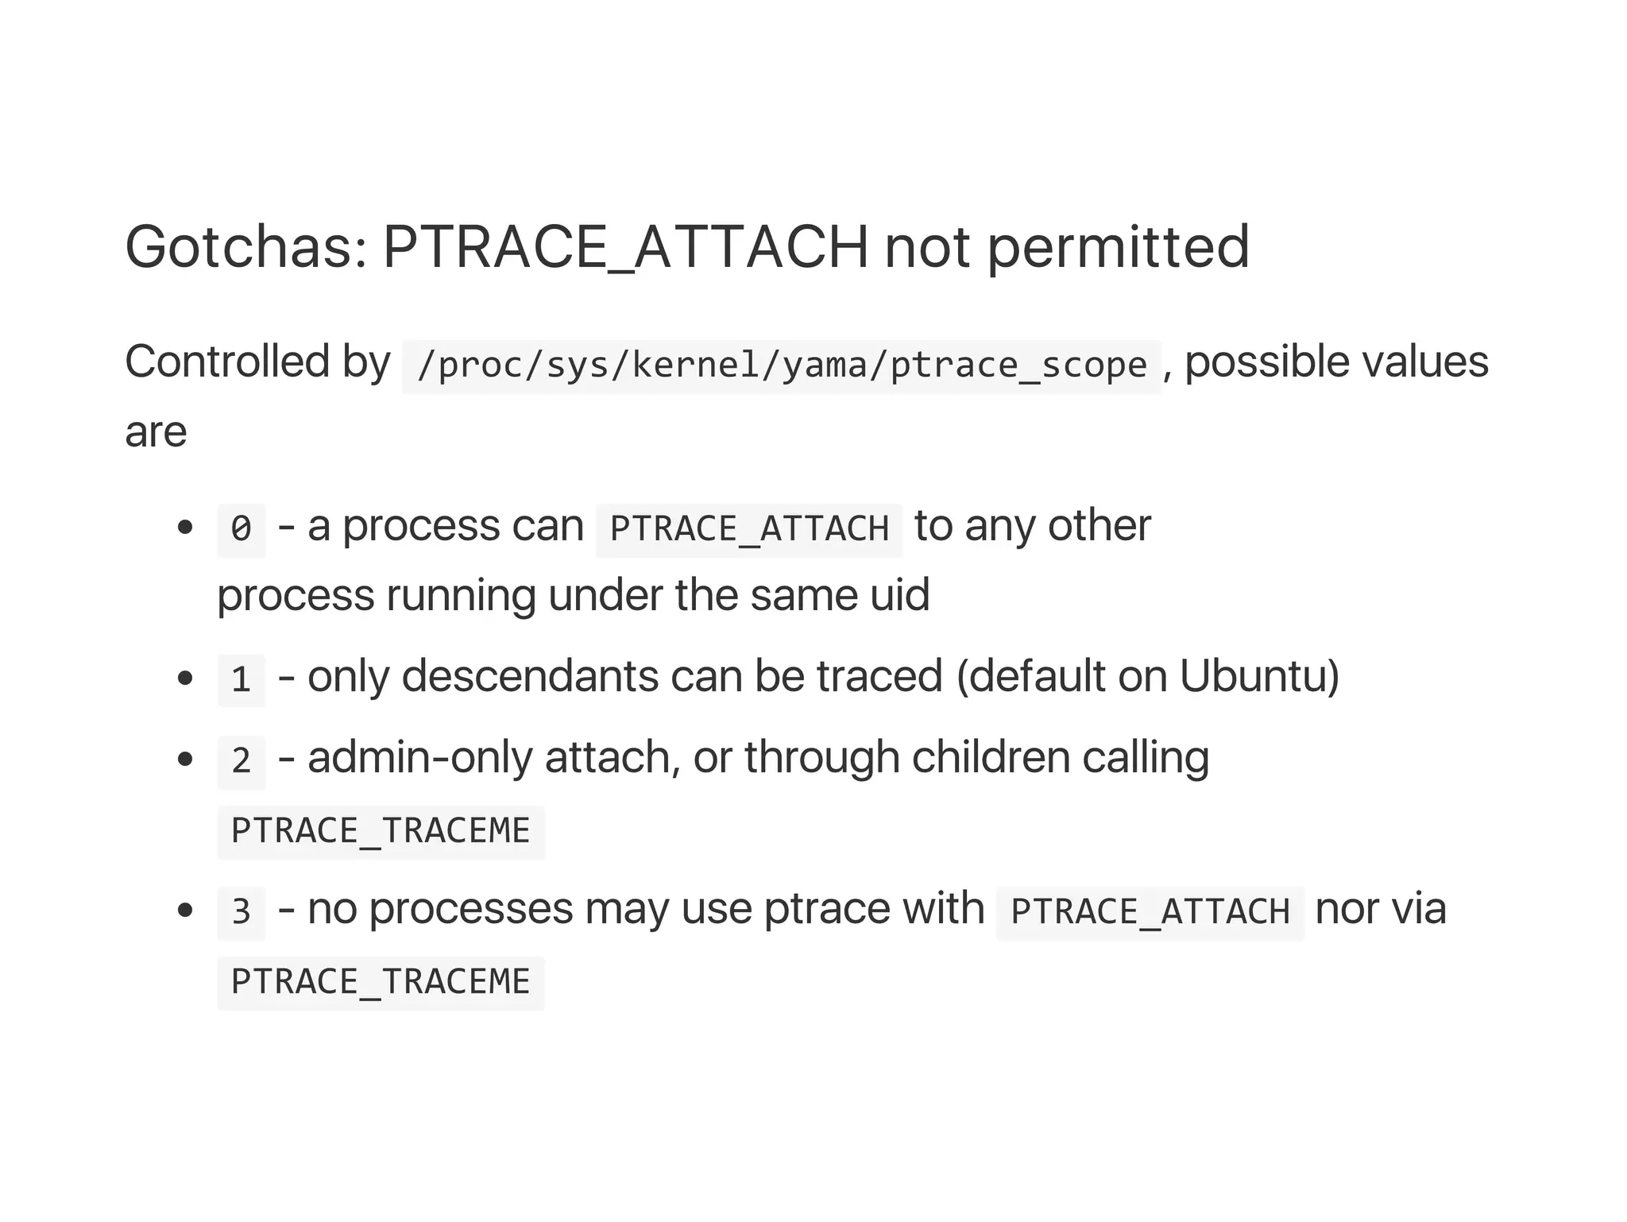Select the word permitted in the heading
1118,247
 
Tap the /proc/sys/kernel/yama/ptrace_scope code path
782,365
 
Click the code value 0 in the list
241,529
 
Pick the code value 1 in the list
241,680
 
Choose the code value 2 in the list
241,761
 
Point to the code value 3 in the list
241,912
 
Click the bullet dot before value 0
185,527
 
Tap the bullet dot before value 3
185,910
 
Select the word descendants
530,676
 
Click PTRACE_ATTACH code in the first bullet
748,529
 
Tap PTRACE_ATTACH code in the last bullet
1150,912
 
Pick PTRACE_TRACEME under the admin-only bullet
381,832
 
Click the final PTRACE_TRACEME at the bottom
381,983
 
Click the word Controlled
226,362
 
